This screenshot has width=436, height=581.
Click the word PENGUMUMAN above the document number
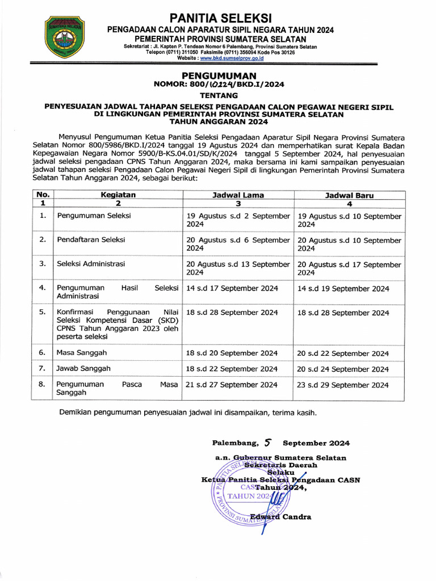[219, 75]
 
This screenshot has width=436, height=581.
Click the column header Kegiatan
[118, 195]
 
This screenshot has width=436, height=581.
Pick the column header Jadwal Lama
[238, 195]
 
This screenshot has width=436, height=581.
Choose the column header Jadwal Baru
[349, 195]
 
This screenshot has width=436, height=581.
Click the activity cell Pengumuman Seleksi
[94, 216]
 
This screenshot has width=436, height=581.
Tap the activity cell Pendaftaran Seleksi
[91, 239]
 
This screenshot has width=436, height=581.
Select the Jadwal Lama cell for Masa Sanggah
[232, 353]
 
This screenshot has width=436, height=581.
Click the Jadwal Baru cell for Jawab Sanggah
[343, 369]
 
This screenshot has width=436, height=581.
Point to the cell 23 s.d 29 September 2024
[343, 385]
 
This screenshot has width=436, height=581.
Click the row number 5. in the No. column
[42, 312]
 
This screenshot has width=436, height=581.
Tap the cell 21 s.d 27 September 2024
[232, 385]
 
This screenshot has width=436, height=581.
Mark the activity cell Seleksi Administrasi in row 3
[91, 264]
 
